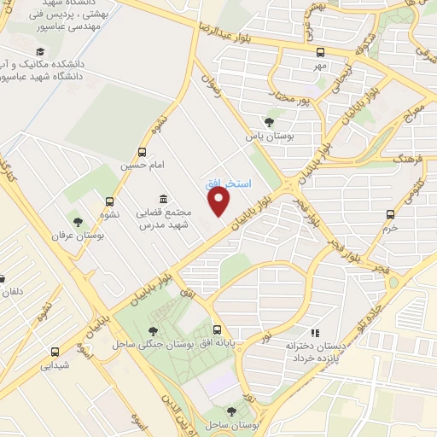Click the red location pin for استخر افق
[220, 201]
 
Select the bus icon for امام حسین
[142, 152]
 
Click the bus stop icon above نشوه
[109, 202]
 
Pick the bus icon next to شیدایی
[55, 351]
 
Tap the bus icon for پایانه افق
[217, 329]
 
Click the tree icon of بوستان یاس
[270, 122]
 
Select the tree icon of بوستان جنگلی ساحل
[153, 331]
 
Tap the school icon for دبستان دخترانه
[315, 333]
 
